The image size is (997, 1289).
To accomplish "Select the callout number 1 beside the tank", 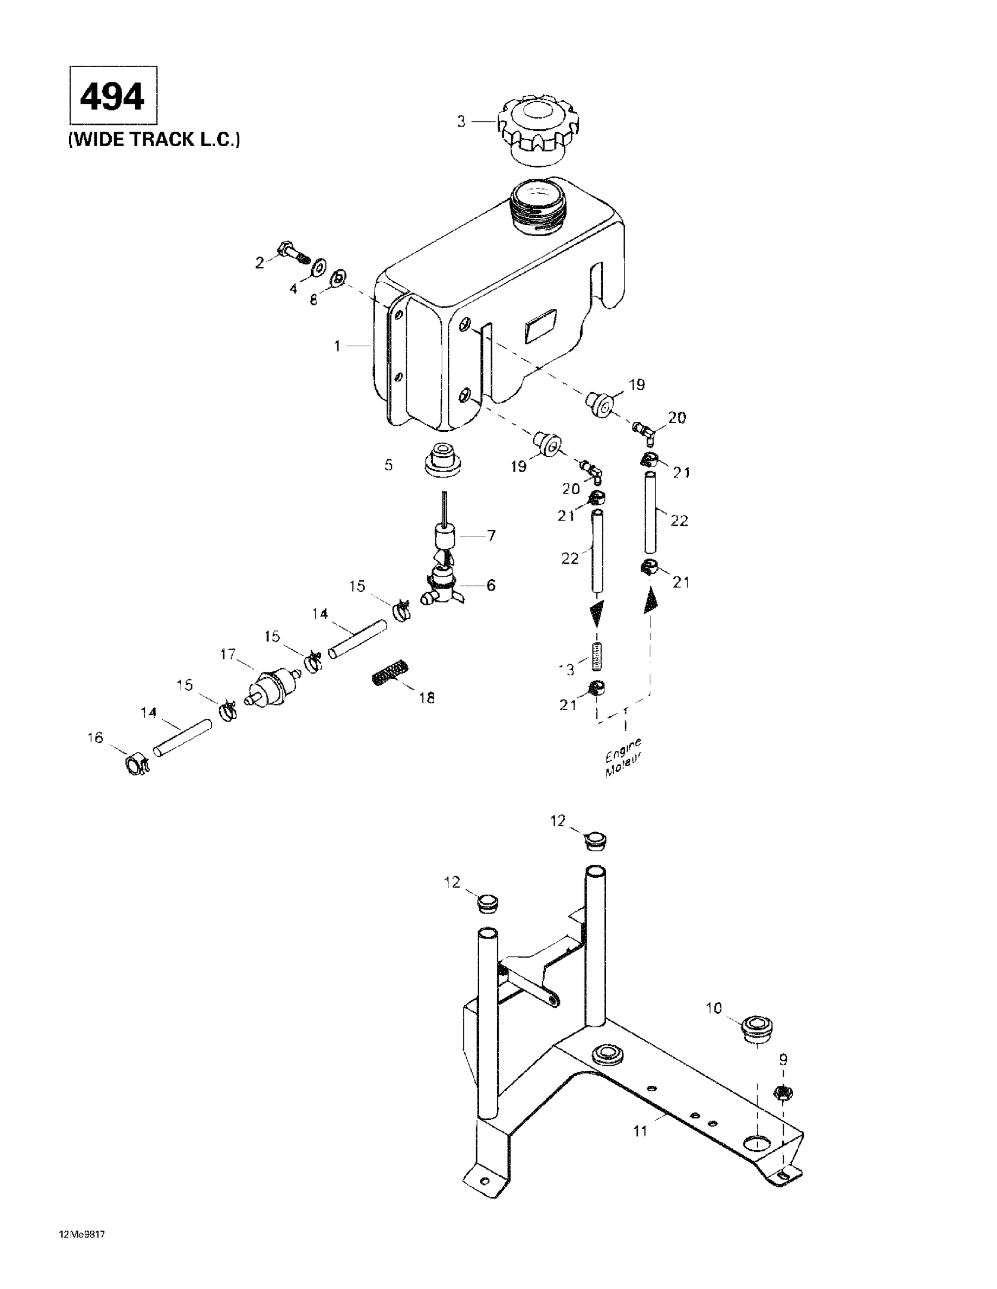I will click(337, 346).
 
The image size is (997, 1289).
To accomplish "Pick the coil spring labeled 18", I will click(391, 672).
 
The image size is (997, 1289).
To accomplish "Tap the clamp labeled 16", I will click(136, 766).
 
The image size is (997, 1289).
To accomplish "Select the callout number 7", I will click(491, 536).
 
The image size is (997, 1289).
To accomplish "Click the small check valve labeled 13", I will click(596, 656).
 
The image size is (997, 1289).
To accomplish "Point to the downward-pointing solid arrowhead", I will click(596, 614).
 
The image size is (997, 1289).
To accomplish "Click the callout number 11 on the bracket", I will click(640, 1131).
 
